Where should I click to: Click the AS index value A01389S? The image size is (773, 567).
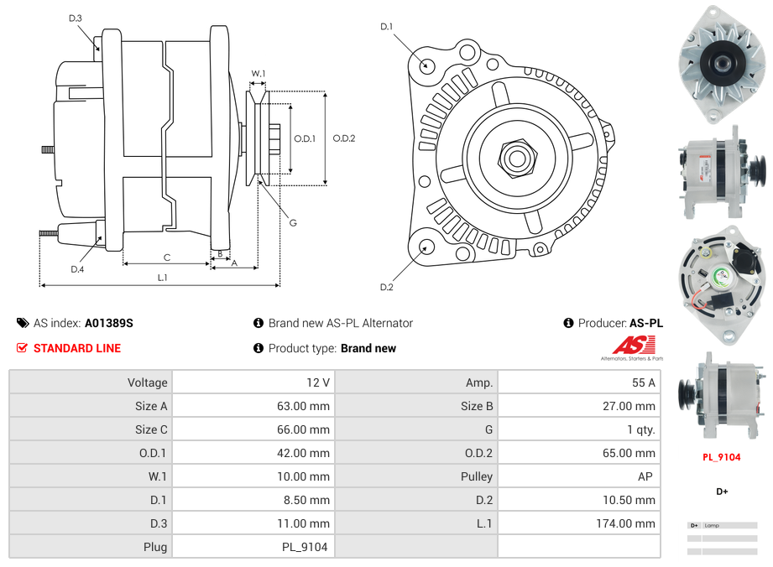click(108, 323)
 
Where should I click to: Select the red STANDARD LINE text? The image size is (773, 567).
click(77, 348)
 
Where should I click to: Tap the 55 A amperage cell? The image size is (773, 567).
click(643, 382)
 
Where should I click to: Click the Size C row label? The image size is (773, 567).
click(151, 429)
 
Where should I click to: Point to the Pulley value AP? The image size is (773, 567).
click(646, 476)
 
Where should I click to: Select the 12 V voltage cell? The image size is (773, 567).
click(318, 382)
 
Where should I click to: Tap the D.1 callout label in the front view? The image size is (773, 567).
click(386, 27)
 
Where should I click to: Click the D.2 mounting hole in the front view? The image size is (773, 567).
click(426, 246)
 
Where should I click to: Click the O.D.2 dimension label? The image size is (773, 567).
click(343, 138)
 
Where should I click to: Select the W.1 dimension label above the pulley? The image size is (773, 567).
click(259, 74)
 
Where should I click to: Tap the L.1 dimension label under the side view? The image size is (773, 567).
click(162, 277)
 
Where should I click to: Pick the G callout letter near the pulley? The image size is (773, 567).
click(292, 222)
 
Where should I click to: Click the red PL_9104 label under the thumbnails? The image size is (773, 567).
click(721, 458)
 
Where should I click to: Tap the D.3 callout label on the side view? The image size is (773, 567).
click(76, 18)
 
